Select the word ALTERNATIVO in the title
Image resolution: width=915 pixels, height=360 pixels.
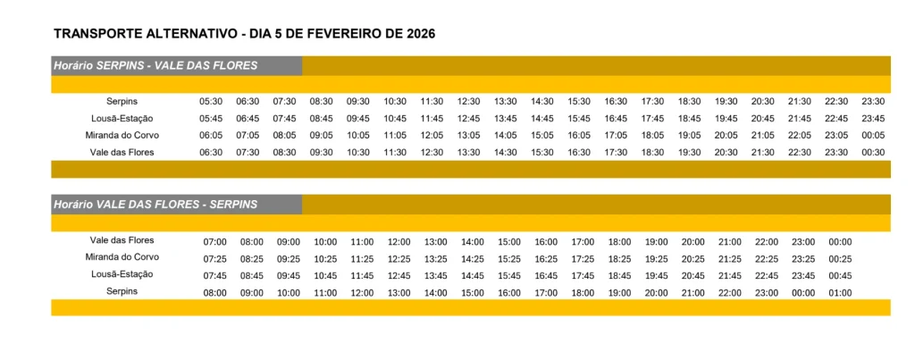coord(181,34)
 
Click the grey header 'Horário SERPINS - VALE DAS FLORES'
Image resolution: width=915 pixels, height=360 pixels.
coord(155,65)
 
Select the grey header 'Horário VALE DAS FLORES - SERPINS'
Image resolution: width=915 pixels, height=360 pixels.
coord(155,205)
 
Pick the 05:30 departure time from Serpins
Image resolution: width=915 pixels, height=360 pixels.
coord(211,101)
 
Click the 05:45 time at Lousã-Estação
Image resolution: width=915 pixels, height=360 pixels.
coord(211,118)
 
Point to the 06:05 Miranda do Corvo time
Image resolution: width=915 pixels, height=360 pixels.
coord(211,135)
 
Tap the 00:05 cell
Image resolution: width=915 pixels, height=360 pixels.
coord(873,135)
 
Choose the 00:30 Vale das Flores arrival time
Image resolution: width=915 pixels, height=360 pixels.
coord(873,152)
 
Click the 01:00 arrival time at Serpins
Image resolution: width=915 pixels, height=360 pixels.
coord(840,292)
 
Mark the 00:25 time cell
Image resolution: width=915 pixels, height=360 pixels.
coord(840,259)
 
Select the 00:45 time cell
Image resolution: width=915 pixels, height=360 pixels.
coord(840,275)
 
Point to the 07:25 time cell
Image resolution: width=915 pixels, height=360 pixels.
coord(215,259)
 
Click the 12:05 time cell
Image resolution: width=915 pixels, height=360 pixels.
coord(432,135)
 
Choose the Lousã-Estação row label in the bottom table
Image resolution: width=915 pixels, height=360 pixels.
coord(122,274)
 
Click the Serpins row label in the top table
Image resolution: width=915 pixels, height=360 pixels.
coord(122,101)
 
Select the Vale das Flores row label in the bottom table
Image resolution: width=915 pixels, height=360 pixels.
coord(122,240)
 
